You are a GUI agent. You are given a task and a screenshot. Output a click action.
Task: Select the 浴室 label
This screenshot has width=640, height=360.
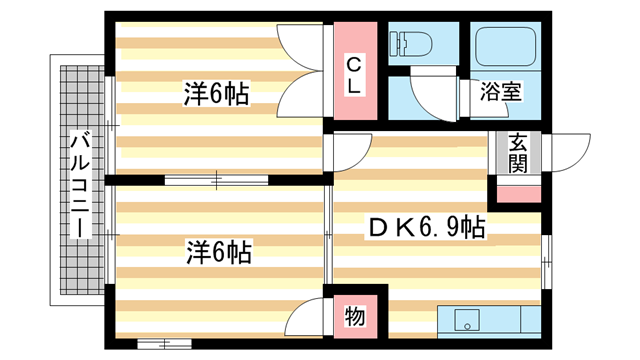[501, 93]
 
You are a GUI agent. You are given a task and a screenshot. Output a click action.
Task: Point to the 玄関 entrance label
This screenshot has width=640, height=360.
[518, 153]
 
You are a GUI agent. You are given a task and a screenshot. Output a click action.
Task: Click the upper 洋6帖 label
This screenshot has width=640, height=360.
[215, 95]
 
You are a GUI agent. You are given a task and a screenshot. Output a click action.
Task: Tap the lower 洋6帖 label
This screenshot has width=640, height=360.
[217, 250]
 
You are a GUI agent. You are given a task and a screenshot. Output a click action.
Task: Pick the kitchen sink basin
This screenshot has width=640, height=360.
[465, 322]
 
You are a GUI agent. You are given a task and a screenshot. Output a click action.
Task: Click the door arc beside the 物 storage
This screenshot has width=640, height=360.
[305, 322]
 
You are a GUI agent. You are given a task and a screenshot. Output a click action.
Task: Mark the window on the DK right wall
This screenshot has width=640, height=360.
[546, 262]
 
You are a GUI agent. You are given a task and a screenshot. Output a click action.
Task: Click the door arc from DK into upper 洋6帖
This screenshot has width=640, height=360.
[345, 152]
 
